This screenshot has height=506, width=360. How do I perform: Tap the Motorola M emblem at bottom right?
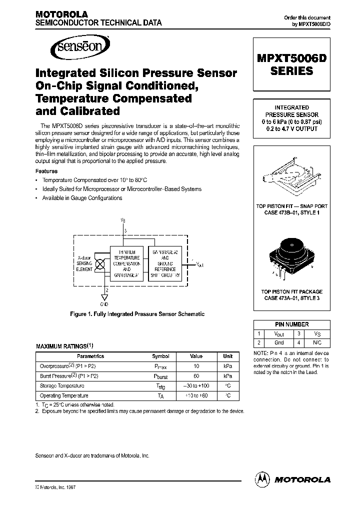pos(262,478)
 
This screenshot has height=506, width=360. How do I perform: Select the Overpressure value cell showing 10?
pos(196,366)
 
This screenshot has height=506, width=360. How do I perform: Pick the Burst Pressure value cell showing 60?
pos(196,375)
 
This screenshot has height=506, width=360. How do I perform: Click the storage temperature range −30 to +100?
pos(196,385)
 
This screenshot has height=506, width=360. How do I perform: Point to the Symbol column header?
pos(160,356)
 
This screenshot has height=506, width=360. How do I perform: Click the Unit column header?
pos(227,356)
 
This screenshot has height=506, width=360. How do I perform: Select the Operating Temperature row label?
pos(57,395)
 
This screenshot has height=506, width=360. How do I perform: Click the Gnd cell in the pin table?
pos(279,342)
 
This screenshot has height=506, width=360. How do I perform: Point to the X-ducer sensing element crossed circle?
pos(99,262)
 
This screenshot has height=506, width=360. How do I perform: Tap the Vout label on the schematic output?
pos(200,263)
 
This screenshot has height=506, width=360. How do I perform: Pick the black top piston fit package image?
pos(291,257)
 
